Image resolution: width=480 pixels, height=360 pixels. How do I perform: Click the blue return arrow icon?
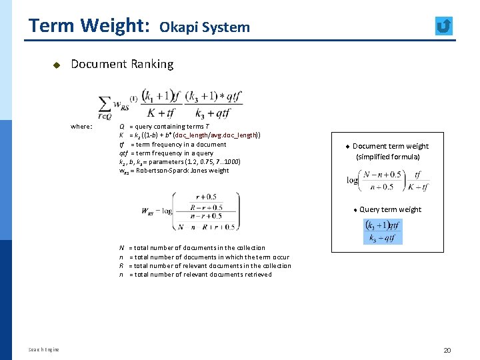443,26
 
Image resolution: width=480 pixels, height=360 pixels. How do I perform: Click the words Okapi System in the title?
205,27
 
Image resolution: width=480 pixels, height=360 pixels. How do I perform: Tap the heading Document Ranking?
122,64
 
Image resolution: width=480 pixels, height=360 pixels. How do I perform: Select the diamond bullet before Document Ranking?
57,65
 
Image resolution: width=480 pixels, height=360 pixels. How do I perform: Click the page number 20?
447,351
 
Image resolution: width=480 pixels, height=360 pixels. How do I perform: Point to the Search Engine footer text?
43,349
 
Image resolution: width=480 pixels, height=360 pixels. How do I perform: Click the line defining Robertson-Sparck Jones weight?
174,171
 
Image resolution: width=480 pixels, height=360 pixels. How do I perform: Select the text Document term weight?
391,146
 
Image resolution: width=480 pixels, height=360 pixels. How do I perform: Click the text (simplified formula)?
388,157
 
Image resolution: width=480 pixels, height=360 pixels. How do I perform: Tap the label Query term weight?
391,209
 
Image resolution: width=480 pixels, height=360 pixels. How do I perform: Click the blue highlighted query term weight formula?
383,231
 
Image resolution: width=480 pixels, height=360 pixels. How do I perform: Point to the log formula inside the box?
388,180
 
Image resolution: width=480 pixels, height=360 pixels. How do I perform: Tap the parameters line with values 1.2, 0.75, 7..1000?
179,162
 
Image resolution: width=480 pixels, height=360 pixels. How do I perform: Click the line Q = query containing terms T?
164,127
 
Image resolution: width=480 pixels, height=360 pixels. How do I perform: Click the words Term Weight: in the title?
89,26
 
